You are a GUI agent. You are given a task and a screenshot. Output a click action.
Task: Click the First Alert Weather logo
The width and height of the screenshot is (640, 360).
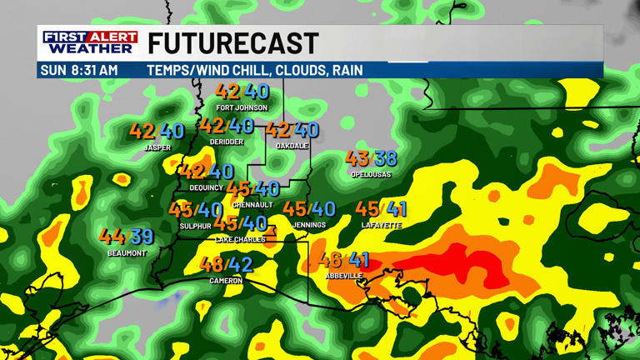[x=90, y=42]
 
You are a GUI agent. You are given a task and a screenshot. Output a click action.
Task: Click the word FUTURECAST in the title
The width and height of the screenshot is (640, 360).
[x=233, y=43]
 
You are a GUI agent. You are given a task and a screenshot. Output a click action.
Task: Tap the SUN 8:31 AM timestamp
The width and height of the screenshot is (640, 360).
[x=79, y=70]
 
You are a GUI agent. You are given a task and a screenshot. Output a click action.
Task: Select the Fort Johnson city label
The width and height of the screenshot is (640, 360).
[x=242, y=107]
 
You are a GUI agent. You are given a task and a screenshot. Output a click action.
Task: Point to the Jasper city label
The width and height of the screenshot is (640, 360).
[x=157, y=147]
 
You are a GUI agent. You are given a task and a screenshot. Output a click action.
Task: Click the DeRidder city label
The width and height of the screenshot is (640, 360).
[x=227, y=142]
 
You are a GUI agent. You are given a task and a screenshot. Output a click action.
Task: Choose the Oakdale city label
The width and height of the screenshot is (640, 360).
[x=292, y=146]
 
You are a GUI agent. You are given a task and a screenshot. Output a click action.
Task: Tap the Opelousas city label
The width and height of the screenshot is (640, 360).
[x=372, y=174]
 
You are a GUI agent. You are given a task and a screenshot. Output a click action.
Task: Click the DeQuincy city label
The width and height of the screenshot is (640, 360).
[x=207, y=187]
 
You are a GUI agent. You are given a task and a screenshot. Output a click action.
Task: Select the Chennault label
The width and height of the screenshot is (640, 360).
[x=252, y=205]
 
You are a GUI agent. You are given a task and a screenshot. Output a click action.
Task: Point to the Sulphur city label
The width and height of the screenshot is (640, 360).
[x=196, y=226]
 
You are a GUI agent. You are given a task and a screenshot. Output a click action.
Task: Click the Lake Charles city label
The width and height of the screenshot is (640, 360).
[x=240, y=239]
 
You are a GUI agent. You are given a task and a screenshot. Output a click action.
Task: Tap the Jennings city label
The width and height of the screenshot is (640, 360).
[x=309, y=225]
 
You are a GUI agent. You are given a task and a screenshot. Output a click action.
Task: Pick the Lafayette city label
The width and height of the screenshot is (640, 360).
[x=382, y=225]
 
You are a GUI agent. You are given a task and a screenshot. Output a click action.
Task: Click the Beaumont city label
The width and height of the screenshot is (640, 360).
[x=127, y=252]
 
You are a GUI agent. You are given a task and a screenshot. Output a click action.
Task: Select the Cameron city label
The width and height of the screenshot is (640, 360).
[x=226, y=281]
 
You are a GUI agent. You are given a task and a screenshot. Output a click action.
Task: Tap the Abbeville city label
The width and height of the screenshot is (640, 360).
[x=344, y=276]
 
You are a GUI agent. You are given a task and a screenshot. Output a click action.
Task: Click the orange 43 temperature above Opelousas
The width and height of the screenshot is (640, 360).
[x=357, y=158]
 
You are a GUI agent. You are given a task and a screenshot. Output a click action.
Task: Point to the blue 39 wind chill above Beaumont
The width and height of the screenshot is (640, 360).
[x=142, y=237]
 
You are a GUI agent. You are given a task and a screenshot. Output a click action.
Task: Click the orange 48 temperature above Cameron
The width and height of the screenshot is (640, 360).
[x=212, y=265]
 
